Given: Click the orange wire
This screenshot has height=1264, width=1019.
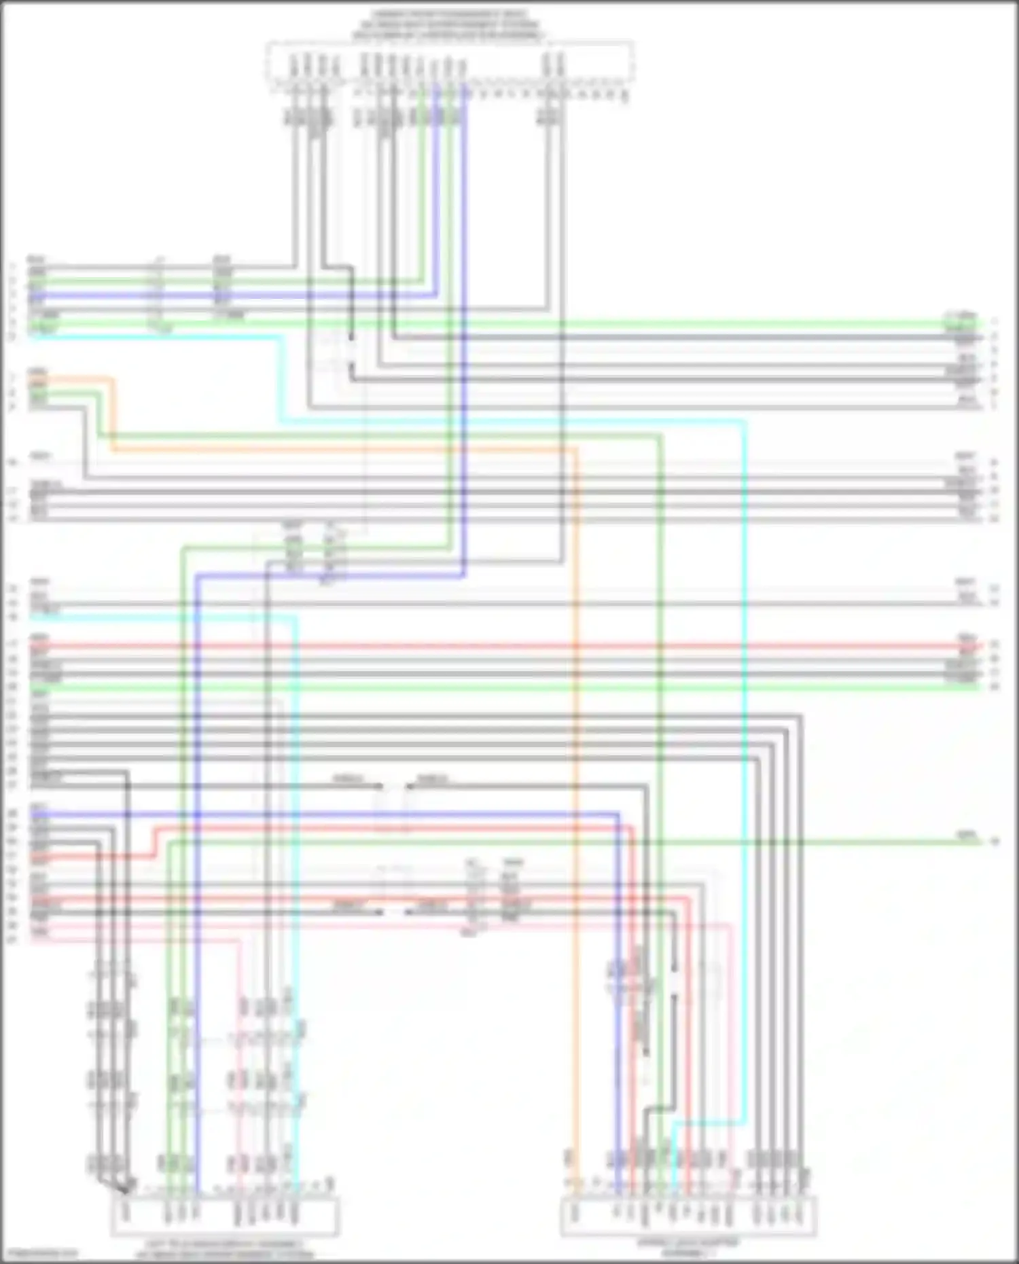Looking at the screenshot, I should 576,747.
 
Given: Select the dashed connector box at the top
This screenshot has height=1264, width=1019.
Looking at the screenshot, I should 450,65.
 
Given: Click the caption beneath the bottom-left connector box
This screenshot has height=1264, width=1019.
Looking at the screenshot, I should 225,1250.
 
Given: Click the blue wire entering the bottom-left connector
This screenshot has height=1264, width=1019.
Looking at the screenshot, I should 196,883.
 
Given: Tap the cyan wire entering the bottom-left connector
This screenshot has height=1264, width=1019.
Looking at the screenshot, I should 296,883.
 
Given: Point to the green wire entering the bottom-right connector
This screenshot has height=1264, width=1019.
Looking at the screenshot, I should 660,747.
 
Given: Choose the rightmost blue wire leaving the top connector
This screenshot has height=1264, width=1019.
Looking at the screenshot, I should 465,340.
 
